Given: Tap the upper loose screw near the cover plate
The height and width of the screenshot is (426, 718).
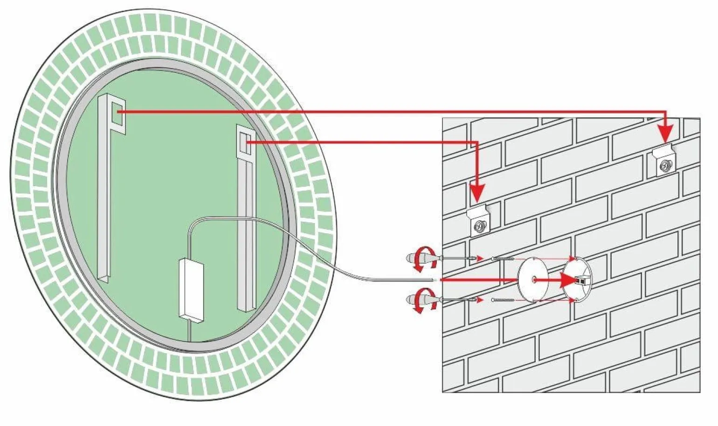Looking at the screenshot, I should tap(503, 258).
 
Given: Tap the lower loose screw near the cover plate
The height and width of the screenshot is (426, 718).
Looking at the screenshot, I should tap(503, 300).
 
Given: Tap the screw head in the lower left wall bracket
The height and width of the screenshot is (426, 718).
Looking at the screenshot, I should tap(479, 227).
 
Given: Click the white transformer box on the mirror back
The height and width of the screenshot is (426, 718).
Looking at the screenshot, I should tap(192, 289).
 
